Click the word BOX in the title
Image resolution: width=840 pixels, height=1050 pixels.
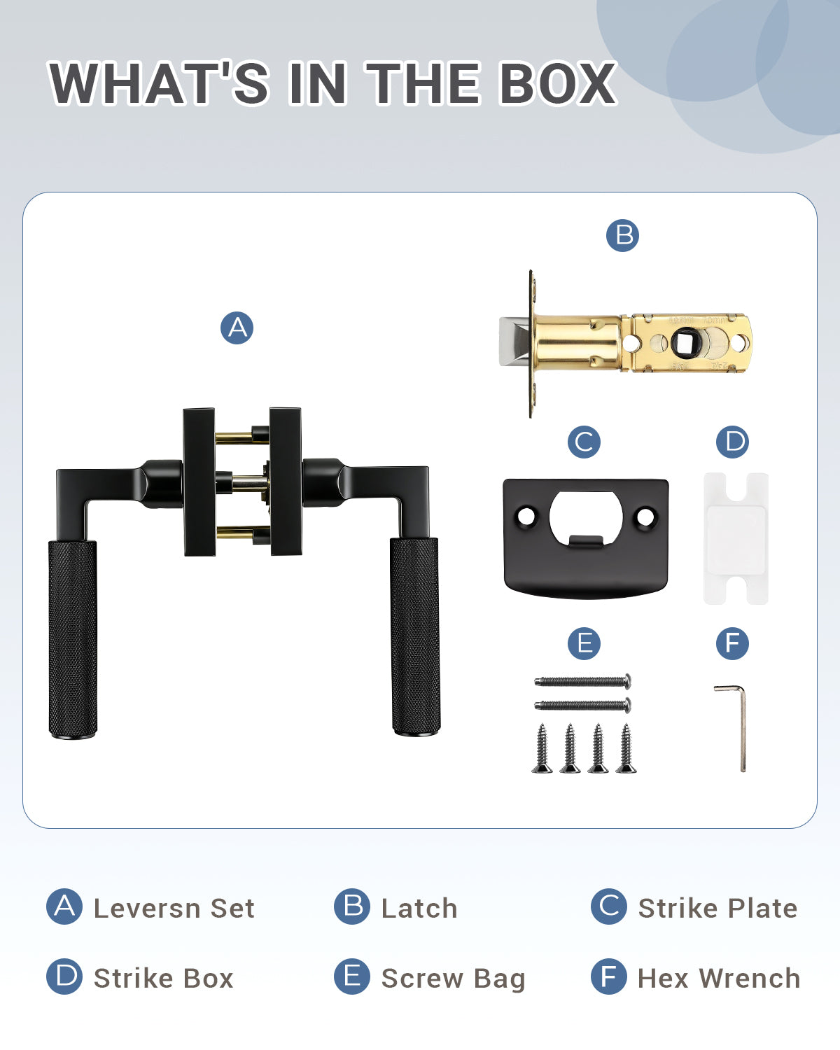point(557,83)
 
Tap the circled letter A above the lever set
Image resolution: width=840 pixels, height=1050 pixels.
point(237,328)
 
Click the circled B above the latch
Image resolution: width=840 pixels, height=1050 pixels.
point(622,235)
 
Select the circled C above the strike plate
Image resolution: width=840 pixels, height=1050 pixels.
point(584,442)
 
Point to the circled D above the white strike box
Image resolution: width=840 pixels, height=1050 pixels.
point(732,442)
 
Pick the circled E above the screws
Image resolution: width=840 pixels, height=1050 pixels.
point(584,643)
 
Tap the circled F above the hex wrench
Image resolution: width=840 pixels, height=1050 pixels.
point(732,643)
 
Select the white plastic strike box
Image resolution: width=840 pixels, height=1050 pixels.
point(736,539)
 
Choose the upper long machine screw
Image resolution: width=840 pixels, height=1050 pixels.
point(583,681)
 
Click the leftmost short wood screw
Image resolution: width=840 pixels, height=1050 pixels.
point(542,748)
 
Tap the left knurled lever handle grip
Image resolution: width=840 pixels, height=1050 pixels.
point(73,638)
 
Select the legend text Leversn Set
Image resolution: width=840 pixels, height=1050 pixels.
point(174,909)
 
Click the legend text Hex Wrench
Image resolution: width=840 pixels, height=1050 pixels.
point(719,979)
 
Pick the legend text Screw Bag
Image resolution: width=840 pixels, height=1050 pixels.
point(454,980)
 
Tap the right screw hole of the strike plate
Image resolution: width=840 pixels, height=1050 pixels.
point(645,517)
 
